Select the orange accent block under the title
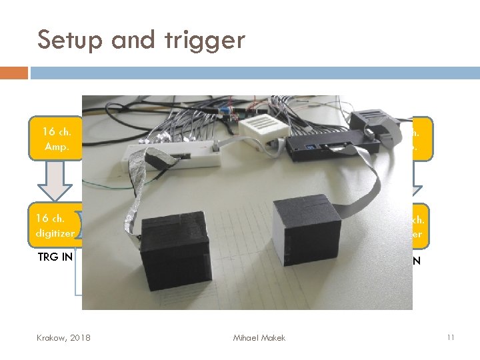click(x=14, y=72)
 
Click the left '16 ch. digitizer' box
click(x=55, y=225)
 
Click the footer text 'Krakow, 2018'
click(x=65, y=338)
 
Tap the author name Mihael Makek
click(x=259, y=338)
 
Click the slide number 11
click(x=451, y=338)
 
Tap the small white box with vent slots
click(x=261, y=129)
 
